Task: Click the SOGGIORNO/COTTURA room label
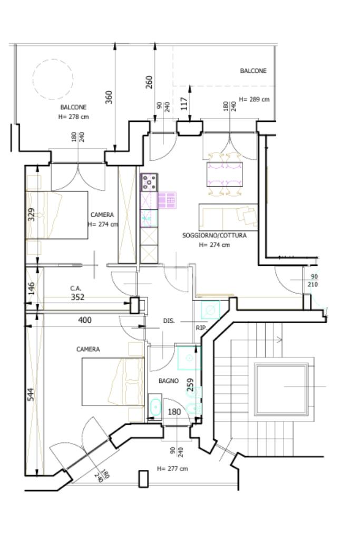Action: [x=214, y=236]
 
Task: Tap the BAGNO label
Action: [x=169, y=381]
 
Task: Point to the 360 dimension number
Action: [x=109, y=97]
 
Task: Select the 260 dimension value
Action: [x=149, y=82]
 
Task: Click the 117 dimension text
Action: [x=184, y=103]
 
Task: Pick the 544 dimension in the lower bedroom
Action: [x=31, y=394]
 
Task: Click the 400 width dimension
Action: [x=85, y=320]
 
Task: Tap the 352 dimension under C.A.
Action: [x=77, y=297]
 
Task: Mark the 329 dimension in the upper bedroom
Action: [x=31, y=215]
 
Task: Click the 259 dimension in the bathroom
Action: [x=190, y=384]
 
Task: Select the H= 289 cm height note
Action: [x=255, y=99]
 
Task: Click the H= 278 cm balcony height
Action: [x=74, y=117]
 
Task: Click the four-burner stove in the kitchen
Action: [x=149, y=182]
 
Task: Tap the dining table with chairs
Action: [x=225, y=174]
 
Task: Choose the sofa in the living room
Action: [x=228, y=217]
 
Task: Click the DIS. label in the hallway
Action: [x=169, y=321]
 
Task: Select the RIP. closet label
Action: [x=201, y=328]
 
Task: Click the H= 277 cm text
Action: [x=172, y=469]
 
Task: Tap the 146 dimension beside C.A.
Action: [x=31, y=288]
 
